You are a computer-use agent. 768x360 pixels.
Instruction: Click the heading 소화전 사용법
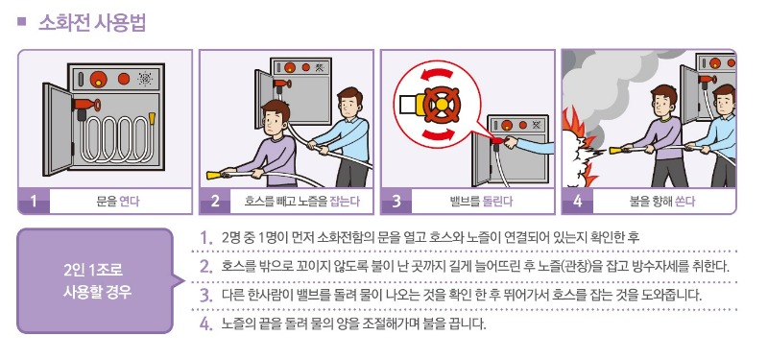[x=92, y=23]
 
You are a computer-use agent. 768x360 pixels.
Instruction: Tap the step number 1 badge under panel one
[x=34, y=201]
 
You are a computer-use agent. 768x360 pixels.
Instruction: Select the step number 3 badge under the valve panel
[x=396, y=201]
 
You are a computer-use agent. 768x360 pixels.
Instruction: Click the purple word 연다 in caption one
[x=130, y=201]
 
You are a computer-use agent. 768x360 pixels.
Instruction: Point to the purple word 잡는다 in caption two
[x=345, y=201]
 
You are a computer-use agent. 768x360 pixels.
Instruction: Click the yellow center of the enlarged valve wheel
[x=442, y=104]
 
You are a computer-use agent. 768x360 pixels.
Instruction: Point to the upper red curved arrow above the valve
[x=437, y=74]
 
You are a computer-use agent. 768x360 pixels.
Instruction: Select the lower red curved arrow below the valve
[x=438, y=134]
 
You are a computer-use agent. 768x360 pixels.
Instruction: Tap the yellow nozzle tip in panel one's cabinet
[x=152, y=118]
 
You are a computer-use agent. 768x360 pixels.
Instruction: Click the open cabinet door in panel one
[x=58, y=130]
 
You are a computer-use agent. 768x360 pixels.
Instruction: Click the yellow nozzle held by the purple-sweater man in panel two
[x=213, y=175]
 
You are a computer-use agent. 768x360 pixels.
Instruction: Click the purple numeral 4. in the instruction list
[x=205, y=324]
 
